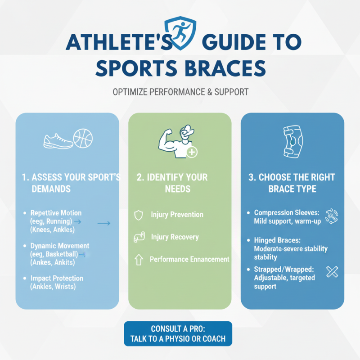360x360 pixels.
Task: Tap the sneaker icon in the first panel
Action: click(x=58, y=141)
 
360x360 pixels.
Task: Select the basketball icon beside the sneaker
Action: click(x=83, y=139)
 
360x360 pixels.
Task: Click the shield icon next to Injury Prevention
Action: click(x=139, y=215)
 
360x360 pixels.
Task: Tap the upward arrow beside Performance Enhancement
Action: click(x=139, y=259)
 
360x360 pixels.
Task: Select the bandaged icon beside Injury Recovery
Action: click(x=139, y=237)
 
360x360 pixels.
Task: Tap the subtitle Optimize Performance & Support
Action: click(x=180, y=92)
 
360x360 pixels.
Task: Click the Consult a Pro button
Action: click(x=178, y=333)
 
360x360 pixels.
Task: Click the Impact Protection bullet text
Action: click(x=56, y=278)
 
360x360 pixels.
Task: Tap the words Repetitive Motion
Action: click(x=56, y=213)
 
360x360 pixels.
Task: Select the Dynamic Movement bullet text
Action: click(x=60, y=246)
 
